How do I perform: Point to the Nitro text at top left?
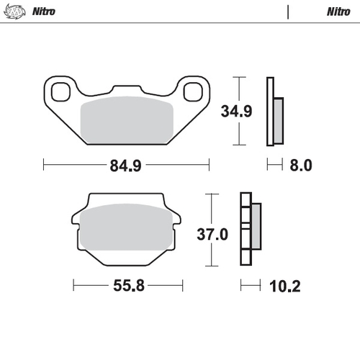coord(45,12)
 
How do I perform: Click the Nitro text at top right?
coord(338,12)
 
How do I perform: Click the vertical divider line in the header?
coord(289,12)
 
